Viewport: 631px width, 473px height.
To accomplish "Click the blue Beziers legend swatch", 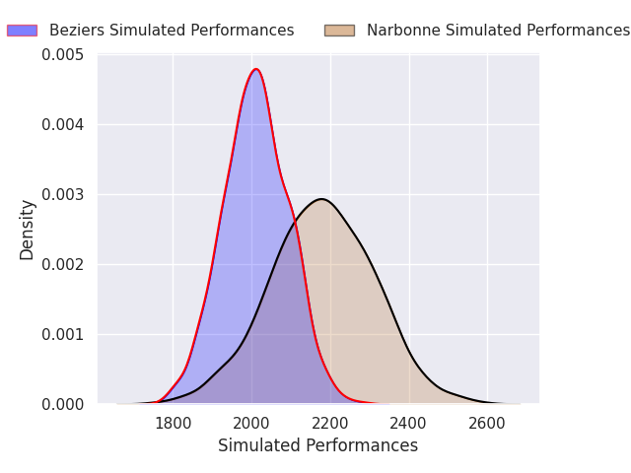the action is pos(22,31).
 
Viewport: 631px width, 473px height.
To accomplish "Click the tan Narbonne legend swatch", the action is pos(339,31).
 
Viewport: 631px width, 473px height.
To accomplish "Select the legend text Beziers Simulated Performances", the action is pos(172,31).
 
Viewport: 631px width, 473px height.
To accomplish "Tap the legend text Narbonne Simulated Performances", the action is pos(498,31).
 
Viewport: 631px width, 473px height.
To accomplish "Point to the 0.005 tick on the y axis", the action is pos(63,55).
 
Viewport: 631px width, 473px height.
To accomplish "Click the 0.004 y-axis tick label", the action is pos(63,125).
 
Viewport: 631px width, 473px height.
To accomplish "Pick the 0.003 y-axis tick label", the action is pos(63,195).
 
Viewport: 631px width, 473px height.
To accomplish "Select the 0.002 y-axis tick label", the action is pos(63,265).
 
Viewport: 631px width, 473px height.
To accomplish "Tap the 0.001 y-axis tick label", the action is pos(63,335).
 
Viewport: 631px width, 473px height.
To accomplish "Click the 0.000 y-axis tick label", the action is pos(63,405).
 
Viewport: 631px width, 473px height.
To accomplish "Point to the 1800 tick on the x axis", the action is pos(174,424).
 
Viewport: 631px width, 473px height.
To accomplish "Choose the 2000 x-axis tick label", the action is pos(251,424).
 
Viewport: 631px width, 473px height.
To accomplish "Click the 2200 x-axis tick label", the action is pos(330,424).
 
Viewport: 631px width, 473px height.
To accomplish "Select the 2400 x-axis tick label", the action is pos(408,424).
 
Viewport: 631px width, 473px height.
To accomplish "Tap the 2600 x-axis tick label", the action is pos(487,424).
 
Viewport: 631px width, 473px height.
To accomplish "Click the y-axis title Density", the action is pos(27,230).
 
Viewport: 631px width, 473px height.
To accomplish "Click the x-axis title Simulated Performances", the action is pos(317,445).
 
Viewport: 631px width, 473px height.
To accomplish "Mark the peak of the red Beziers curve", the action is pos(256,69).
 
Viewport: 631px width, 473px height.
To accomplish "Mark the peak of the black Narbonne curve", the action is pos(321,199).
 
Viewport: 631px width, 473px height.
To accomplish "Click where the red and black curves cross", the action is pos(295,221).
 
